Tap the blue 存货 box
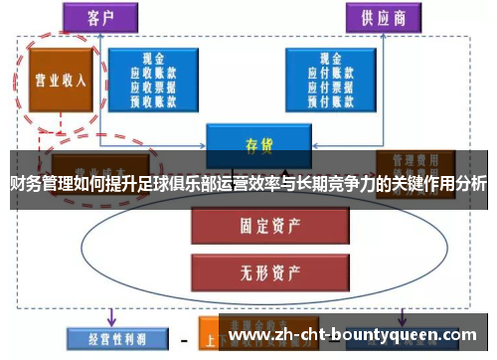point(258,144)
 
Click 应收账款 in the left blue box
point(153,73)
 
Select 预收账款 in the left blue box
point(153,98)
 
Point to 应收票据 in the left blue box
point(153,86)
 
